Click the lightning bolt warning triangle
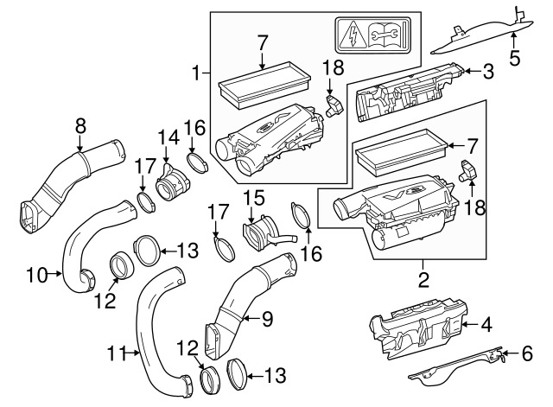[x=353, y=37]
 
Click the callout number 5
[x=515, y=58]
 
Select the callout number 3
[x=488, y=72]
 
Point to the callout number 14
[x=168, y=137]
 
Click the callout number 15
[x=255, y=198]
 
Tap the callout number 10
[x=37, y=275]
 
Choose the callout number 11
[x=117, y=353]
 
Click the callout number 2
[x=423, y=280]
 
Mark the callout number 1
[x=195, y=73]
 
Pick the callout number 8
[x=80, y=126]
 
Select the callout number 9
[x=267, y=319]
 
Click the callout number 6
[x=527, y=353]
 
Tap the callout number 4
[x=486, y=324]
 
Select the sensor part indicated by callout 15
[x=268, y=232]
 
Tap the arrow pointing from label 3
[x=473, y=72]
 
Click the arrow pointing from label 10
[x=55, y=273]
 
